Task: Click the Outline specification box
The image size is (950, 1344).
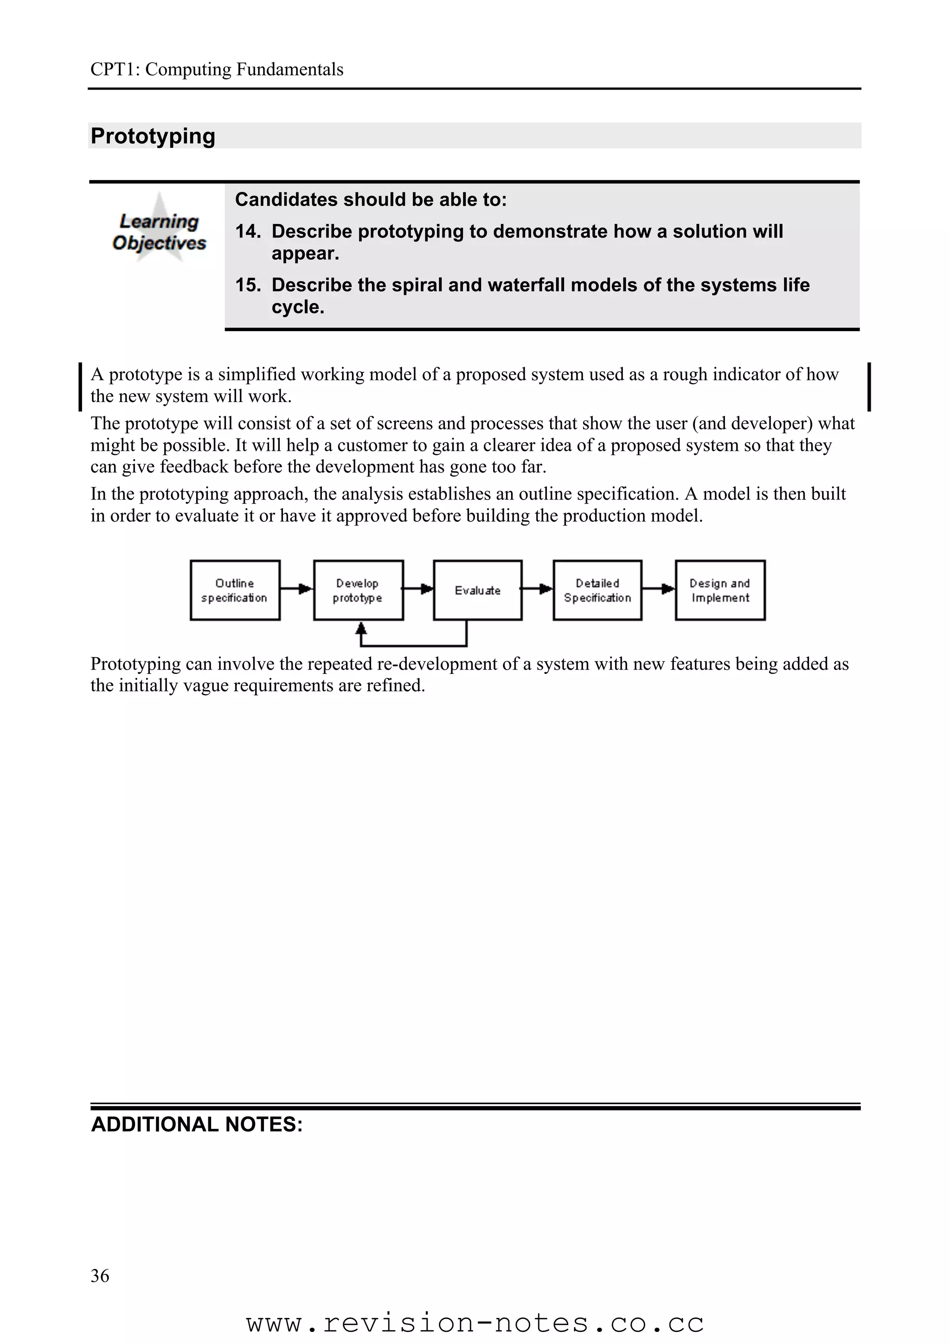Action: pos(235,590)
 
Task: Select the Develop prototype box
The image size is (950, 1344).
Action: pos(358,590)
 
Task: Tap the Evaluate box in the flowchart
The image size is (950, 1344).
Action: pos(478,590)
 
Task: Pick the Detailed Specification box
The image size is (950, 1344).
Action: pos(597,590)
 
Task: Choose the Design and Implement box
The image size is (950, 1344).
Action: pos(720,590)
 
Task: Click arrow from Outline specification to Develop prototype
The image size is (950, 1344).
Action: pos(297,589)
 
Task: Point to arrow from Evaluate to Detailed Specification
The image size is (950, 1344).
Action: pos(537,589)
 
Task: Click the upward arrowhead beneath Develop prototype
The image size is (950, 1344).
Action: pos(361,629)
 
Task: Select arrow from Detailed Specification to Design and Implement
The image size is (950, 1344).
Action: pos(659,589)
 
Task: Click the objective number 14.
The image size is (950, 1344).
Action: pos(248,231)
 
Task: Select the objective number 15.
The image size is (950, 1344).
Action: pos(248,285)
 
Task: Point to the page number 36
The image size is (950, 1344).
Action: pos(100,1275)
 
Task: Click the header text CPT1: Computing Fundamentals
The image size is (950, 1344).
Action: pos(217,69)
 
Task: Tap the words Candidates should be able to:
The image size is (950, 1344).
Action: pos(371,199)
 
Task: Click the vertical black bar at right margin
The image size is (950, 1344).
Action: pos(869,386)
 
